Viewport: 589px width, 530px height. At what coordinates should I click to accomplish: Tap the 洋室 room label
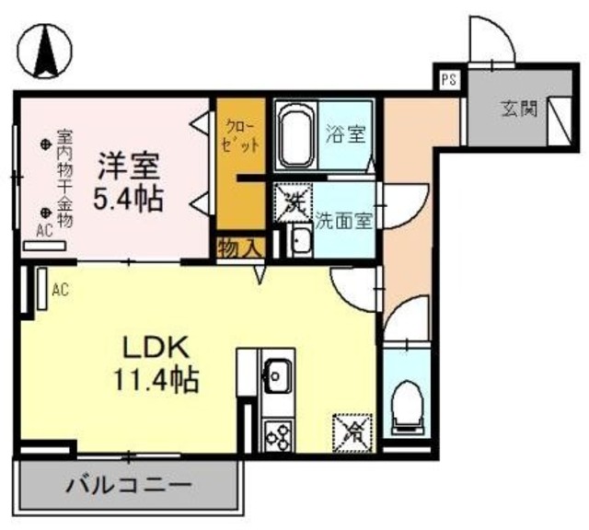pos(130,167)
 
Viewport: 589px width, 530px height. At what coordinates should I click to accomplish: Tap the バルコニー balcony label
pos(129,484)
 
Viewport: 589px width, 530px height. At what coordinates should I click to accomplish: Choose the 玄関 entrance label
pos(518,109)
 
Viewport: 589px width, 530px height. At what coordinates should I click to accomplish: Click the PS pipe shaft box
pos(448,80)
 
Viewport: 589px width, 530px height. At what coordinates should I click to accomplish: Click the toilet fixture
pos(407,405)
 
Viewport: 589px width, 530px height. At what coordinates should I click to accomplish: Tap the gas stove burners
pos(278,432)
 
